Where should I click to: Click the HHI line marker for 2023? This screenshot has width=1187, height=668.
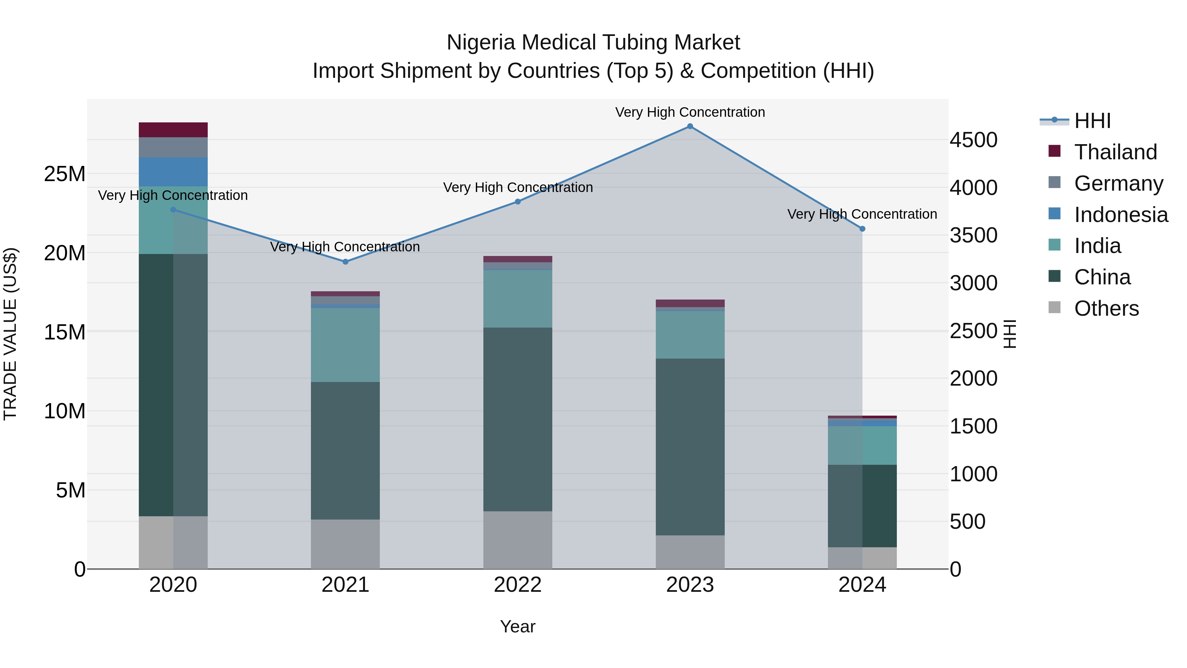690,126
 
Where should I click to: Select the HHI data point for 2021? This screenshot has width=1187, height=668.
346,261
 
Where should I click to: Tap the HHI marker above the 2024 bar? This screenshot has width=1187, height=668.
862,229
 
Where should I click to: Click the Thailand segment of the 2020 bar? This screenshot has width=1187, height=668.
173,130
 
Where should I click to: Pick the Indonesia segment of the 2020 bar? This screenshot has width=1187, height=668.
173,172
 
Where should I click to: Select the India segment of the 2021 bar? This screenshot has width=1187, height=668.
345,344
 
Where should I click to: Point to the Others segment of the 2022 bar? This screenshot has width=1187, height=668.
517,539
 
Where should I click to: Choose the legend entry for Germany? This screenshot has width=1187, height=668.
1118,183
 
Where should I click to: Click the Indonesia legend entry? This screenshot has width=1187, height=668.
1121,214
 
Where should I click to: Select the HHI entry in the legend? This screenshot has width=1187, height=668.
1092,121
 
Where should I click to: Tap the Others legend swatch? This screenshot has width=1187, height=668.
1054,307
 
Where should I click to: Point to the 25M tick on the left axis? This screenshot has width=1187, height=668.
65,174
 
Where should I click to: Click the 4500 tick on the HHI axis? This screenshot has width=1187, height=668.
973,140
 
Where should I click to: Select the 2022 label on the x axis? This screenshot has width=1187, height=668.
517,585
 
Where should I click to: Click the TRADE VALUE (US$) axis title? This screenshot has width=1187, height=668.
10,334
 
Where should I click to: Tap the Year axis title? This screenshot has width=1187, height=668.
517,626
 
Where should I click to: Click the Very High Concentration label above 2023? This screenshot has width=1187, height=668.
690,112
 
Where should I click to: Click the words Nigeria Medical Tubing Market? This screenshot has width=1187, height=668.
593,43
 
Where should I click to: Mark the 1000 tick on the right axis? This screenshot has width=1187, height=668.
973,474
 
